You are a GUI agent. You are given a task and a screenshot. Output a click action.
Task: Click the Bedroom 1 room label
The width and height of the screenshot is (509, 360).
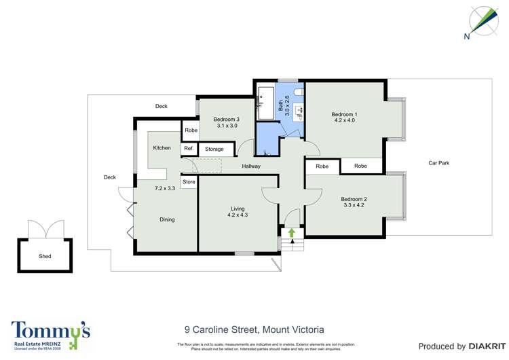pyautogui.click(x=343, y=113)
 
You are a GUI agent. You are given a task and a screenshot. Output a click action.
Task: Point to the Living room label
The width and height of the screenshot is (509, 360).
pyautogui.click(x=238, y=209)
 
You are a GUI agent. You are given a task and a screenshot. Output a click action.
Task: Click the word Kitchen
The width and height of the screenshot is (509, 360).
pyautogui.click(x=162, y=147)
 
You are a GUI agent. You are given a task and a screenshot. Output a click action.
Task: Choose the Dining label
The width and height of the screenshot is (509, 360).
pyautogui.click(x=167, y=219)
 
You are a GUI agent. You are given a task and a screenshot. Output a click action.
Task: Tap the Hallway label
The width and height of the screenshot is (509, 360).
pyautogui.click(x=251, y=166)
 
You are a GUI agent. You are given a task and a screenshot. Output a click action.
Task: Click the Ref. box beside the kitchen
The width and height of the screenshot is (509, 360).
pyautogui.click(x=189, y=149)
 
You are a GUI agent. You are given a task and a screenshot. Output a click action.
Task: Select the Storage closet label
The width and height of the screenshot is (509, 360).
pyautogui.click(x=214, y=149)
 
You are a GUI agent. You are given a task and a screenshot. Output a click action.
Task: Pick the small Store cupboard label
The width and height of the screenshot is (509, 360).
pyautogui.click(x=189, y=182)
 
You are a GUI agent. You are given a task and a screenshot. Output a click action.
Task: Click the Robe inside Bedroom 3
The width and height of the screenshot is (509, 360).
pyautogui.click(x=191, y=130)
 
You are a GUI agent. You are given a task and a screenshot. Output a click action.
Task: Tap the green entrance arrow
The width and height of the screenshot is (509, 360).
pyautogui.click(x=292, y=233)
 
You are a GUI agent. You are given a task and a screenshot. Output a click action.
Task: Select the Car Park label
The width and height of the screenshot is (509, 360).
pyautogui.click(x=438, y=163)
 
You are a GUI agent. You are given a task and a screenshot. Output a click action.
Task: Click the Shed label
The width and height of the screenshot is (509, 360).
pyautogui.click(x=45, y=256)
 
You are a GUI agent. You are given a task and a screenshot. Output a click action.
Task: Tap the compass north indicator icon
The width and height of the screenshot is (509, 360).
pyautogui.click(x=485, y=20)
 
